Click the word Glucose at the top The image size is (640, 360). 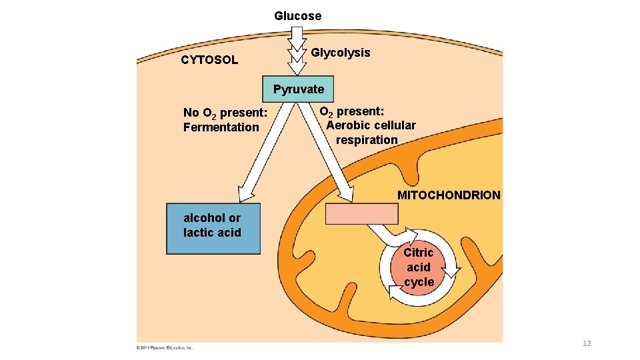pos(297,16)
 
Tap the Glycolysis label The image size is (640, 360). pos(341,53)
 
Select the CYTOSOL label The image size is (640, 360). pos(209,60)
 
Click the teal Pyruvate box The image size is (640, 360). pos(298,89)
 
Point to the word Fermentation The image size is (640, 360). pos(221,127)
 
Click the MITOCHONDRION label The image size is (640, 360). pos(448,195)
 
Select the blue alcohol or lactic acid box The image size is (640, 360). pos(213,228)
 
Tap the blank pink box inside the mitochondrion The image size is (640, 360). pos(361,214)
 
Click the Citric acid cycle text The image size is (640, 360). pos(419,267)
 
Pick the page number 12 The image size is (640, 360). pos(587,343)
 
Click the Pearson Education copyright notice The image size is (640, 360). pos(165,347)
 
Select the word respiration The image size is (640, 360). pos(366,140)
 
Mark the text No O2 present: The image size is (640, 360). pos(225,112)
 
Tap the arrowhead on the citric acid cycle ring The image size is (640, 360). pos(453,271)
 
